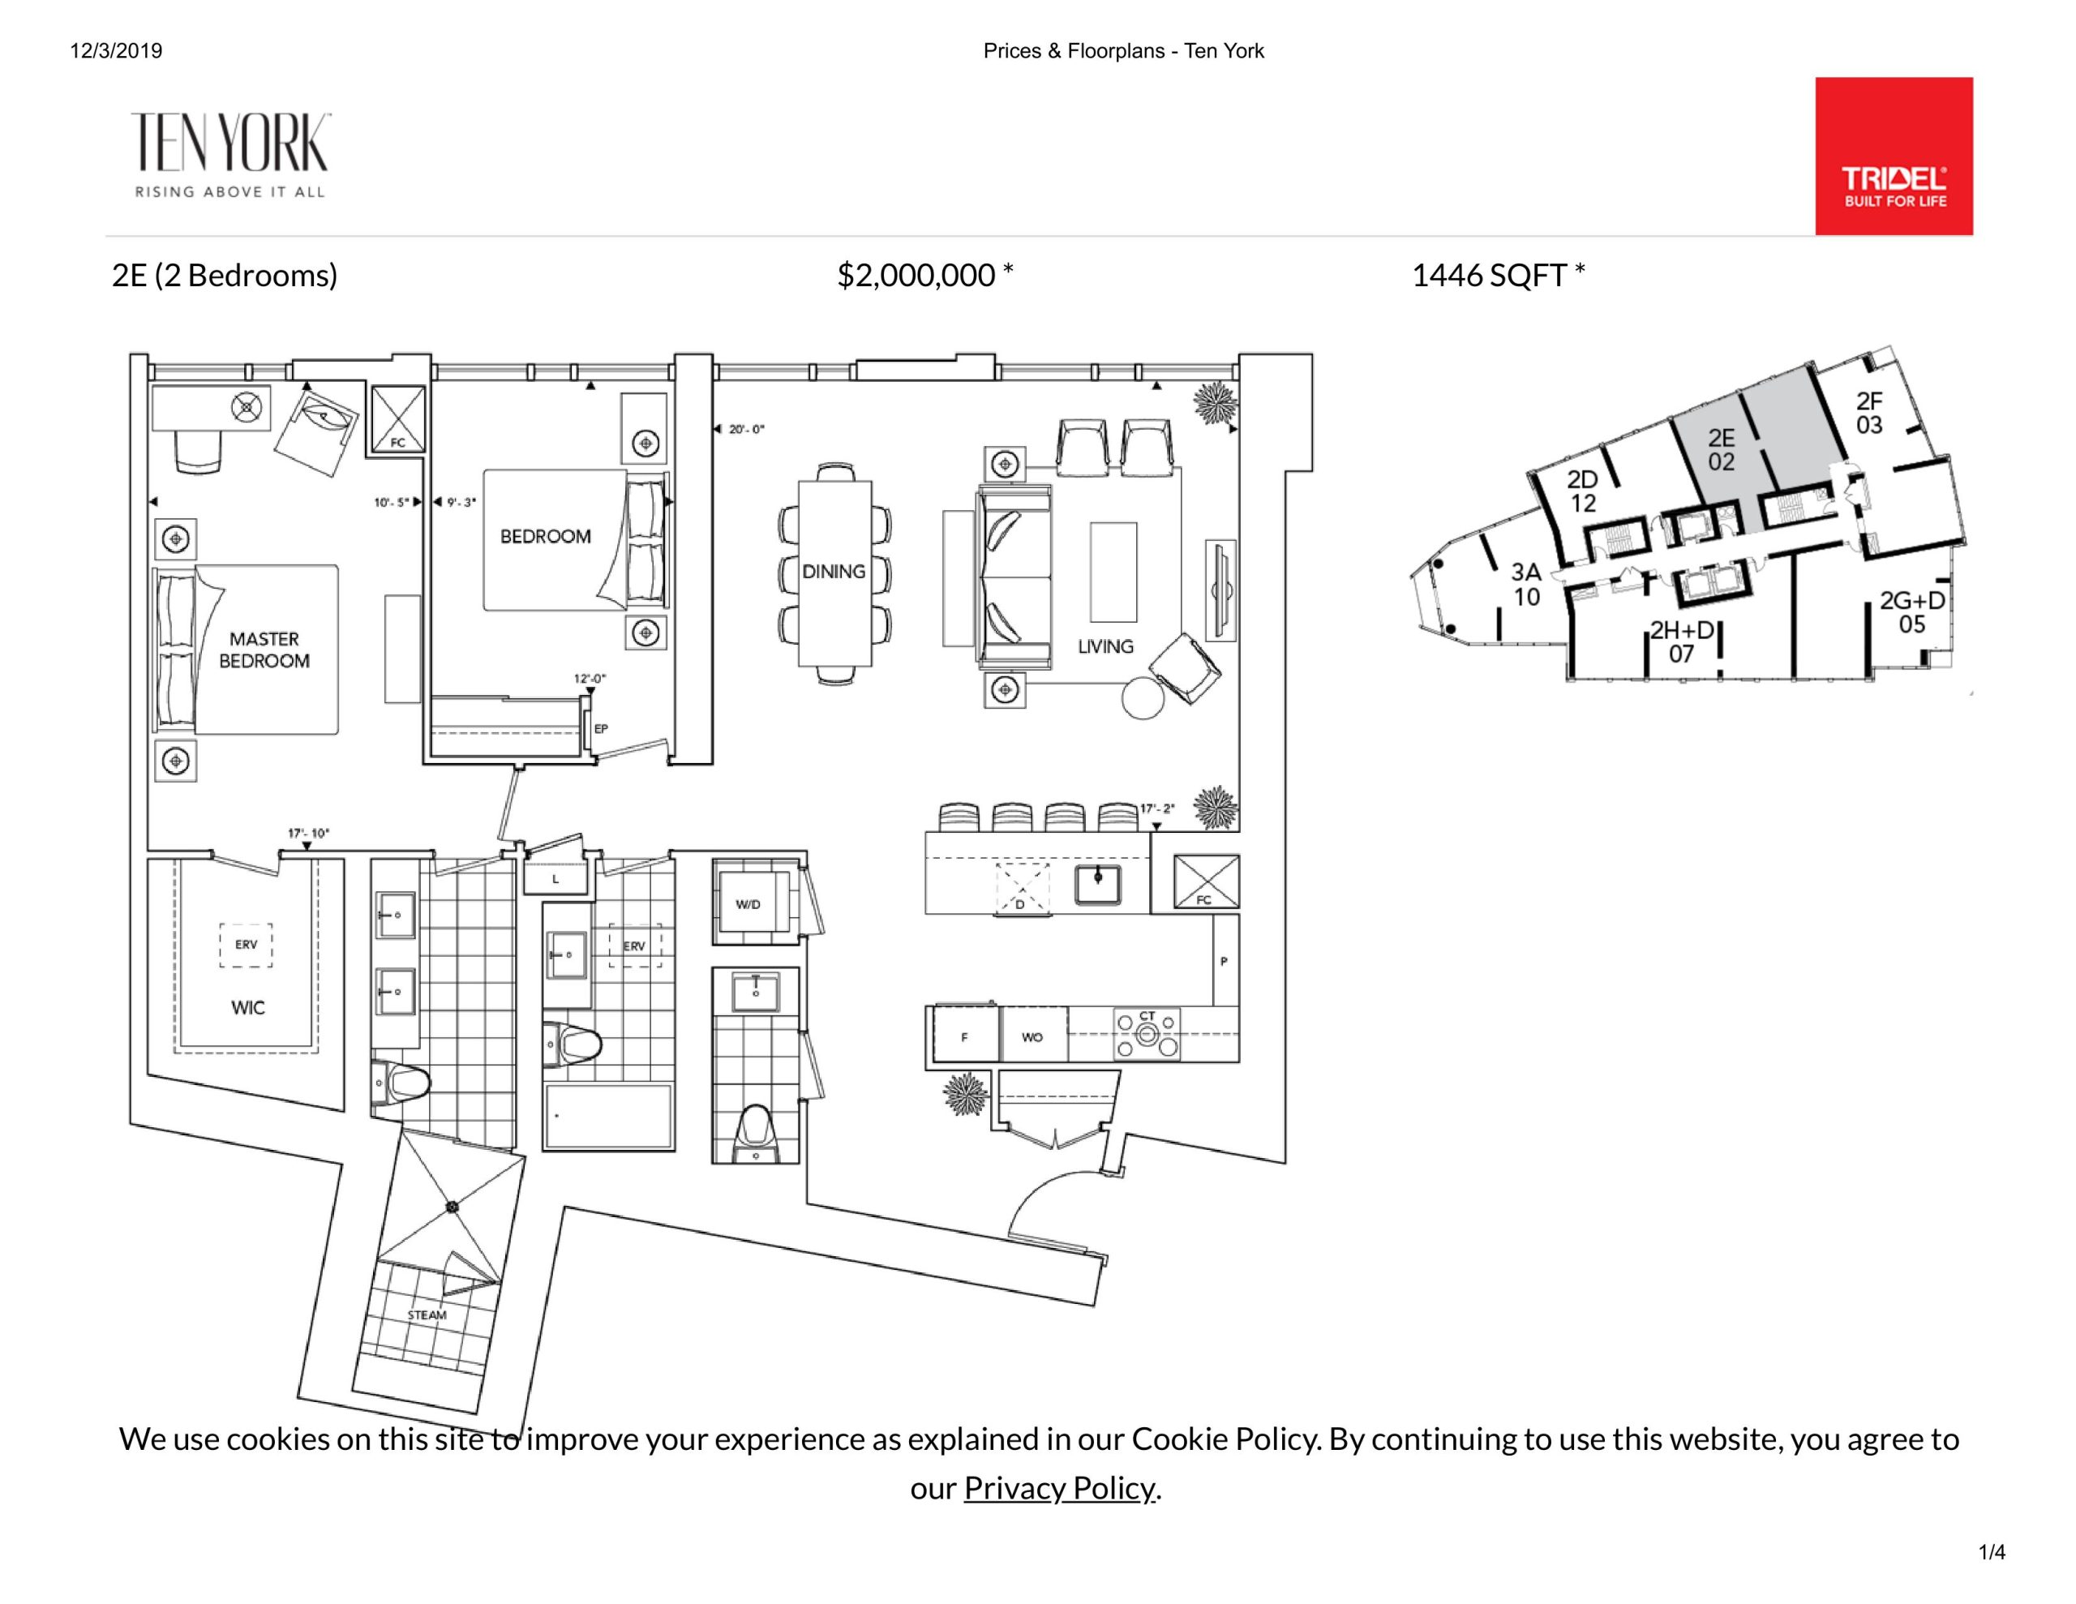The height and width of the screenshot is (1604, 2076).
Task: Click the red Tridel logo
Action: pos(1894,156)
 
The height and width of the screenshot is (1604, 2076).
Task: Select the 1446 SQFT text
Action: pos(1498,275)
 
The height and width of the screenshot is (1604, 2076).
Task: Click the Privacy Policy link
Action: pos(1060,1487)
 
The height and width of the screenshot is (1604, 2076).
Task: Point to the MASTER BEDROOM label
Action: pos(264,650)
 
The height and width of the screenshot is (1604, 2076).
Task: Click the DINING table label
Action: pos(834,572)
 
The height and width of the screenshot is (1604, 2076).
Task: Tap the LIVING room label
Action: pos(1105,646)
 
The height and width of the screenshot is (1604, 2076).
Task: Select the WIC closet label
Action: pos(248,1008)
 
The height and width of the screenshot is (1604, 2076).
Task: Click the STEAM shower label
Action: pos(427,1315)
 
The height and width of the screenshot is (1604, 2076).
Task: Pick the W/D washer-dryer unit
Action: pos(756,903)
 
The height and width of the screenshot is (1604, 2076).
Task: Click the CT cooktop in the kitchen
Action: pos(1147,1035)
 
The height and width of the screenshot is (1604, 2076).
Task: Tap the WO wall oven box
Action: pos(1033,1036)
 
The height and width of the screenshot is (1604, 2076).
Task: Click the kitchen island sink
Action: pos(1098,884)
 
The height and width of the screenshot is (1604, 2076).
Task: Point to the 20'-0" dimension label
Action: pos(746,430)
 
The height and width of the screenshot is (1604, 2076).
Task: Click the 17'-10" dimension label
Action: pos(308,834)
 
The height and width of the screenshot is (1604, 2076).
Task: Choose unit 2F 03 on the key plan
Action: pos(1868,413)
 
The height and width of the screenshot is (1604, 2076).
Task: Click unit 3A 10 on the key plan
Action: pos(1526,584)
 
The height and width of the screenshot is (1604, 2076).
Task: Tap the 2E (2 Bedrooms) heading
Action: pos(225,276)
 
